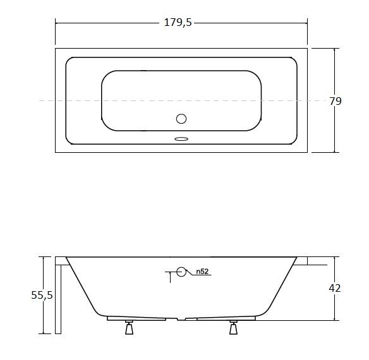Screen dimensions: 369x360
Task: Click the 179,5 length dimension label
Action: pos(178,23)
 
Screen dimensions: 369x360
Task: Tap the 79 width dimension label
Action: pos(335,101)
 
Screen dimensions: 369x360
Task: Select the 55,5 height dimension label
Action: pos(42,295)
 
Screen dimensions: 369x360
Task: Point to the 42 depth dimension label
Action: pos(335,288)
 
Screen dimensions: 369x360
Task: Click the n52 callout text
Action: pos(202,272)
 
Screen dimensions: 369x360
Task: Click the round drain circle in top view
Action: pos(181,119)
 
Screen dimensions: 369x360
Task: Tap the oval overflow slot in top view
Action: pos(181,139)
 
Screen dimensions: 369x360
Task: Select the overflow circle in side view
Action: pos(181,272)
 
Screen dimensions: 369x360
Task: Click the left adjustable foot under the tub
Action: pos(129,327)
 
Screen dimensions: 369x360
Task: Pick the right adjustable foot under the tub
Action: pos(233,327)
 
